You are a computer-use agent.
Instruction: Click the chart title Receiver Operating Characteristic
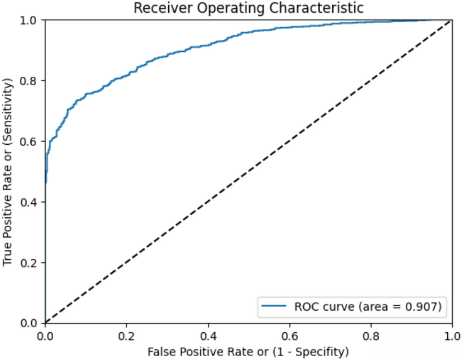pyautogui.click(x=248, y=8)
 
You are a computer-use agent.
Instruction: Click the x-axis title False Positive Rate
pyautogui.click(x=248, y=352)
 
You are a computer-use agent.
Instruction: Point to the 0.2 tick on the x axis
pyautogui.click(x=127, y=334)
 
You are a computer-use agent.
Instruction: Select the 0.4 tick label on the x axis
pyautogui.click(x=208, y=334)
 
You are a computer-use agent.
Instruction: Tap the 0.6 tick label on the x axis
pyautogui.click(x=289, y=334)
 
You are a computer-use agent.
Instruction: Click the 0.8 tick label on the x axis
pyautogui.click(x=371, y=334)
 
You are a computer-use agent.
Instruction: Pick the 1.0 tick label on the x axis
pyautogui.click(x=452, y=334)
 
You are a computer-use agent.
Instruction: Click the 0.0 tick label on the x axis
pyautogui.click(x=45, y=334)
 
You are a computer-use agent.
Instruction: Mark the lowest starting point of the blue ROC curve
pyautogui.click(x=46, y=183)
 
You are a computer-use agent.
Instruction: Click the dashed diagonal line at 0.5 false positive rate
pyautogui.click(x=248, y=172)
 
